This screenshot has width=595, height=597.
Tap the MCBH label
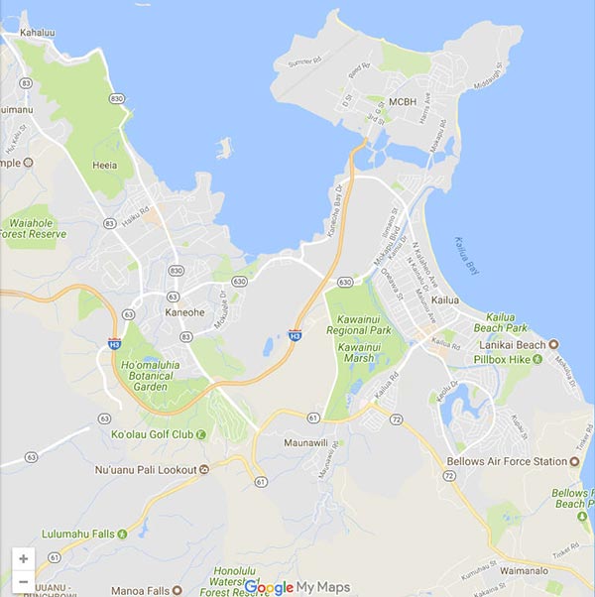[x=404, y=101]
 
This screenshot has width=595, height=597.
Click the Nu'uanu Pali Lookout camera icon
[x=204, y=469]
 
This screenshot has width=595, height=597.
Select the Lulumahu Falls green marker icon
[x=123, y=534]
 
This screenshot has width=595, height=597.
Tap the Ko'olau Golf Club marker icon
[x=201, y=434]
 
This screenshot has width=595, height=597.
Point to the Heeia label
[x=104, y=166]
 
